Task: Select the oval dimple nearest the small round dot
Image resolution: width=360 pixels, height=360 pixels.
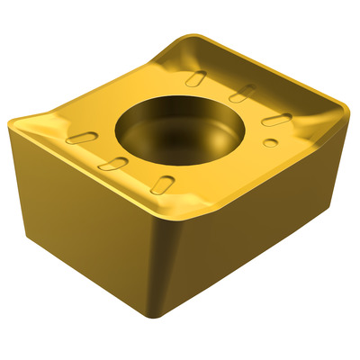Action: (275, 120)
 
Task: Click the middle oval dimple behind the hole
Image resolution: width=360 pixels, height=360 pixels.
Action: (240, 94)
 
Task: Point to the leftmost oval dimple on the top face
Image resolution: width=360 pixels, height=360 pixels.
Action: (83, 138)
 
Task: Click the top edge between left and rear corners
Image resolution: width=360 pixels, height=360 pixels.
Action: (99, 76)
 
